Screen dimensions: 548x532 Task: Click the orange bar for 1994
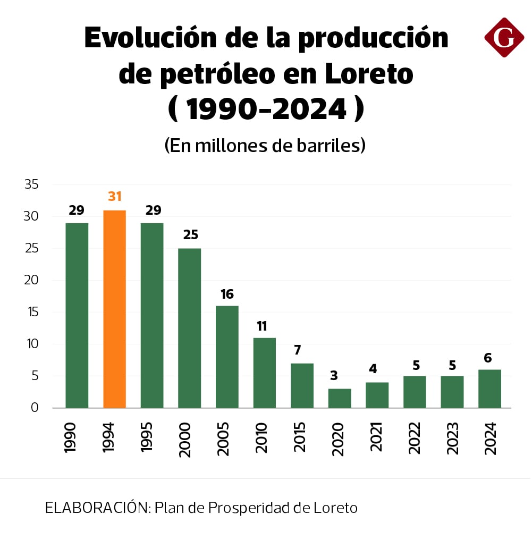click(114, 309)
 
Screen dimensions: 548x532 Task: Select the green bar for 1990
click(77, 315)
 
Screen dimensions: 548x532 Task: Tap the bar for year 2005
click(227, 357)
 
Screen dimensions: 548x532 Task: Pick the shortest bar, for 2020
click(340, 398)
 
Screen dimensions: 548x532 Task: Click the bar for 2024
click(489, 389)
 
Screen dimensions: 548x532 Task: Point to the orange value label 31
click(115, 197)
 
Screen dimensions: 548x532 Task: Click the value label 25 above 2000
click(190, 235)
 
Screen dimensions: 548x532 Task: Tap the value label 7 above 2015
click(298, 350)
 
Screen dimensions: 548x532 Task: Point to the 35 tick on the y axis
click(31, 184)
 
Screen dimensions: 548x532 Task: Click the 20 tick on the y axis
click(31, 280)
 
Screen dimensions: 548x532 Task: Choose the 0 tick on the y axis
click(35, 408)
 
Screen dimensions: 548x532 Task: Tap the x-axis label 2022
click(415, 437)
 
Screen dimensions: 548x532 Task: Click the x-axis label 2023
click(452, 437)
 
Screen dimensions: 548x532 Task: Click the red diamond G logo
click(504, 37)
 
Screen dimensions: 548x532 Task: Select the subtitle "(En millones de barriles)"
click(264, 145)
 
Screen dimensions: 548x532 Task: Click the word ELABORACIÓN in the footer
click(98, 508)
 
